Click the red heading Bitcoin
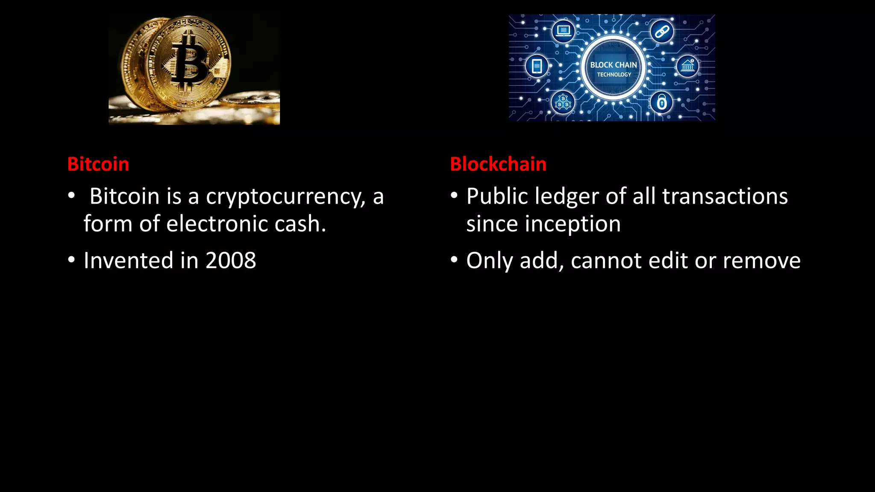(98, 164)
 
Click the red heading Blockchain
(498, 164)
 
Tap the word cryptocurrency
(285, 197)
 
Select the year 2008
(231, 261)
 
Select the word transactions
(725, 197)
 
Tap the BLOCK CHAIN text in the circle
(614, 65)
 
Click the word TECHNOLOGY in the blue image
(614, 75)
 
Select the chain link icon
(662, 31)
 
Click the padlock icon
(661, 102)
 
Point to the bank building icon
(687, 66)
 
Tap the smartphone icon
(537, 66)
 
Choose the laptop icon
(563, 30)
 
